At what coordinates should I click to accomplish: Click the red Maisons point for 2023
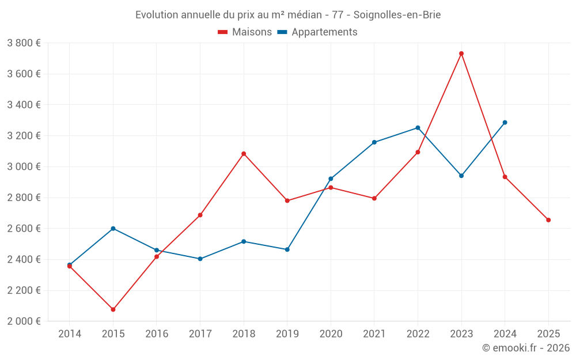(x=461, y=54)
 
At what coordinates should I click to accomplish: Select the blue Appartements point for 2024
(x=505, y=123)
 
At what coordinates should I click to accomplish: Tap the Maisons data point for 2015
(x=113, y=309)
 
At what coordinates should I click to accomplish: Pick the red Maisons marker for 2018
(x=244, y=154)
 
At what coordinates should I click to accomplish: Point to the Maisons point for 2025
(x=548, y=220)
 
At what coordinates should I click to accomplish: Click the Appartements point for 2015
(x=113, y=229)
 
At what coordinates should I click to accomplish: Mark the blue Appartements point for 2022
(x=418, y=128)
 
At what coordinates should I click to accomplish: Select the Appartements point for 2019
(x=287, y=249)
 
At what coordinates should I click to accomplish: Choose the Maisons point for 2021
(x=374, y=198)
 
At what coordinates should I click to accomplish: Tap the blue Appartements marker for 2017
(x=200, y=259)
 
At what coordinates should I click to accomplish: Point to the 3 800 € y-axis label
(x=24, y=43)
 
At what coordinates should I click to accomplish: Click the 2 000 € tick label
(x=24, y=321)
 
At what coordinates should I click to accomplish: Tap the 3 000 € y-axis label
(x=24, y=166)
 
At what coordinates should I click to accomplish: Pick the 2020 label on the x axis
(x=331, y=334)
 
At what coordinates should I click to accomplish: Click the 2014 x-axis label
(x=70, y=334)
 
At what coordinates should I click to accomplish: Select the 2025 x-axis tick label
(x=548, y=334)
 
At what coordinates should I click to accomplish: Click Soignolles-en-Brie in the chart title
(x=398, y=15)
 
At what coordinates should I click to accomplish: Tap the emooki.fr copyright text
(x=526, y=348)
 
